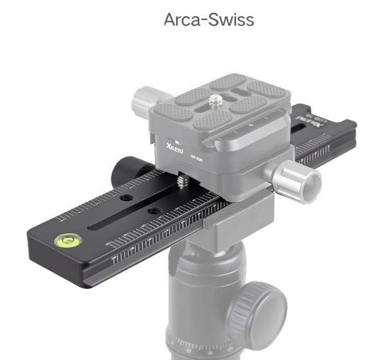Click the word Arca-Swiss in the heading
pos(209,19)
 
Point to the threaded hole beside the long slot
pos(152,211)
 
